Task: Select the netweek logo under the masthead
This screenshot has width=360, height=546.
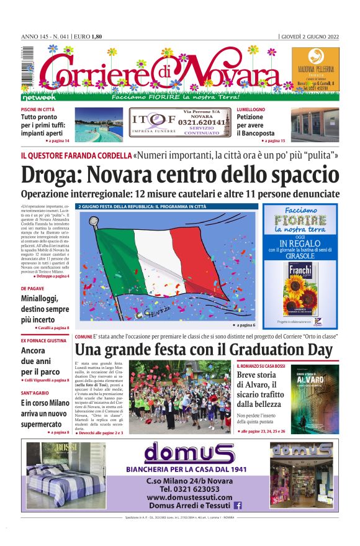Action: click(39, 98)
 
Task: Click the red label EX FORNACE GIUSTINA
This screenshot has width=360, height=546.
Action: click(43, 340)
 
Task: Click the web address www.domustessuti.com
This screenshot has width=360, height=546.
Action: click(189, 498)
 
